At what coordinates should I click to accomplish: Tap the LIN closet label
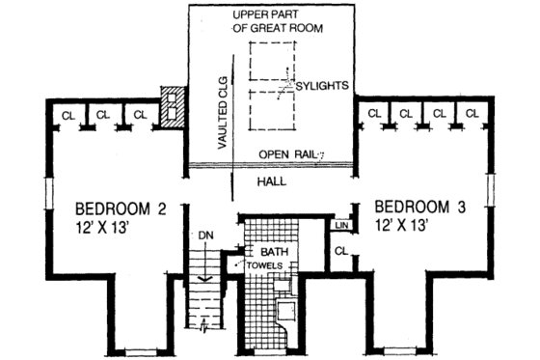coord(340,226)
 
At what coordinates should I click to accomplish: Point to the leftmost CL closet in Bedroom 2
coord(67,115)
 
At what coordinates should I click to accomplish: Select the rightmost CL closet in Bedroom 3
coord(472,115)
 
